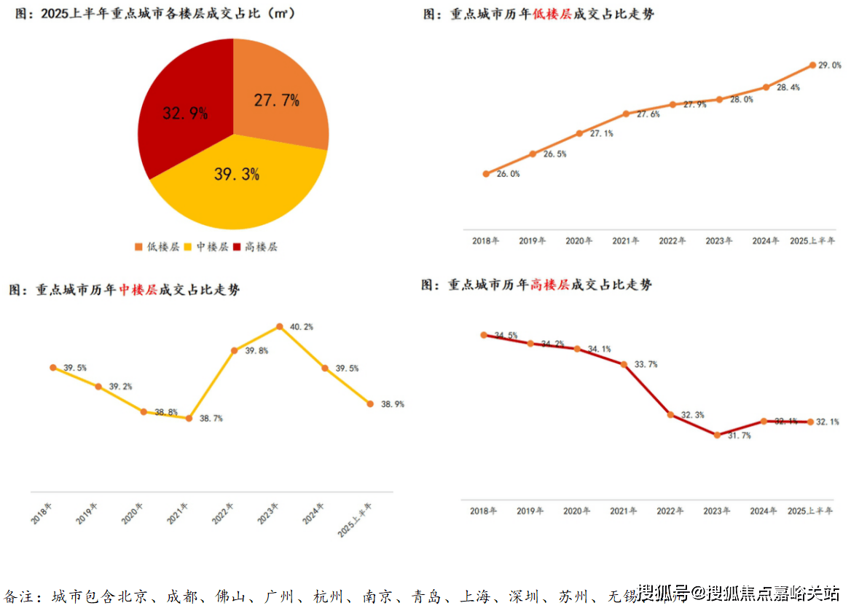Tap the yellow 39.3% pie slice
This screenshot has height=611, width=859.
click(x=237, y=178)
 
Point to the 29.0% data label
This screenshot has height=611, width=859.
click(x=830, y=66)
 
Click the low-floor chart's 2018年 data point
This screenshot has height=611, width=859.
click(x=486, y=173)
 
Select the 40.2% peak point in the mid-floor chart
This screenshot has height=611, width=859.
click(x=279, y=327)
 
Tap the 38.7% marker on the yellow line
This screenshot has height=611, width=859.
click(x=189, y=418)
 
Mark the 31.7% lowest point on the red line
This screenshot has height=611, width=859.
click(x=717, y=435)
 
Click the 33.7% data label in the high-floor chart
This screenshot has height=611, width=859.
click(x=646, y=364)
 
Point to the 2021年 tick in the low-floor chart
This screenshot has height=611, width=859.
click(x=626, y=241)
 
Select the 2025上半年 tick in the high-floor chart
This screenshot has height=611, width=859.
click(x=809, y=511)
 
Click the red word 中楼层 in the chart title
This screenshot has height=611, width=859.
click(x=138, y=290)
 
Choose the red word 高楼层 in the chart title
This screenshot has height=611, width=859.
click(x=550, y=285)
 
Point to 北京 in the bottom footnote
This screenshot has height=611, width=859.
click(x=133, y=597)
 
